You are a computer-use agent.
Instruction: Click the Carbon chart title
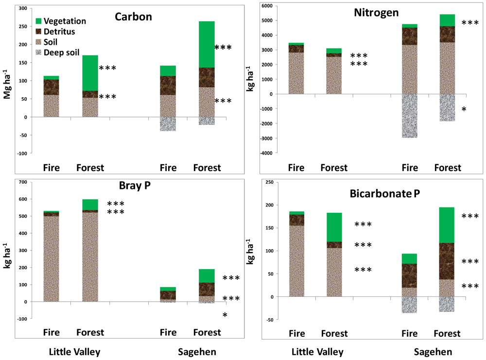click(x=133, y=17)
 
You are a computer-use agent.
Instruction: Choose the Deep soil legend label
click(x=62, y=52)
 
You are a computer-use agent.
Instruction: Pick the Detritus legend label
click(x=60, y=31)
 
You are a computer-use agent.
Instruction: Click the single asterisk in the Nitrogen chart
click(x=464, y=110)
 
